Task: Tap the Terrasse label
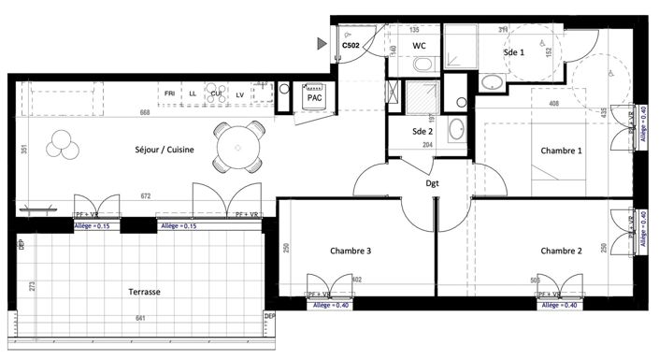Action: coord(145,292)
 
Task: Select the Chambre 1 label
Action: coord(561,151)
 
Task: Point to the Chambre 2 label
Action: coord(561,250)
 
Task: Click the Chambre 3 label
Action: coord(351,250)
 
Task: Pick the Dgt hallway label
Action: coord(433,184)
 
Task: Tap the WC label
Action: coord(420,44)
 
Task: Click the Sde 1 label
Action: coord(514,53)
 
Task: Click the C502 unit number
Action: coord(351,44)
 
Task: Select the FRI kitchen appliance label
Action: coord(169,94)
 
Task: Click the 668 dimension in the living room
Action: coord(145,113)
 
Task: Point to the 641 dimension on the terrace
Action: coord(140,318)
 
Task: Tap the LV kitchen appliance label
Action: coord(239,94)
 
